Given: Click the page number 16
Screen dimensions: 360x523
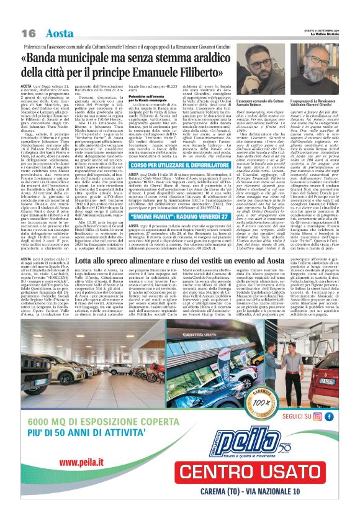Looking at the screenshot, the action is click(x=29, y=32).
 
